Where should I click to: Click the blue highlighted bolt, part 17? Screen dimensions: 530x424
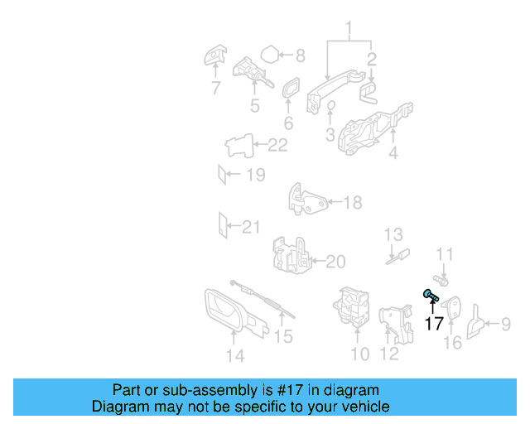click(431, 295)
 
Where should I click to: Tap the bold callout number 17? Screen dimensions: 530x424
click(434, 324)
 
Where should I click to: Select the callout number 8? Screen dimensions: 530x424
click(301, 55)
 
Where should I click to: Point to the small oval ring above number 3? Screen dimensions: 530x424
click(331, 105)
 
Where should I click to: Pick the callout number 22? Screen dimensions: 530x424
click(277, 145)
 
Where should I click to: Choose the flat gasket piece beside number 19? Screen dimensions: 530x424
click(222, 175)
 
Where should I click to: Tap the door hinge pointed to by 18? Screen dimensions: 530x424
click(307, 200)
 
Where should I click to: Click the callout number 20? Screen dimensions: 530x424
click(335, 262)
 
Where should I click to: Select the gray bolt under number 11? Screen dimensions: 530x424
click(441, 280)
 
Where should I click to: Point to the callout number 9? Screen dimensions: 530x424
click(506, 324)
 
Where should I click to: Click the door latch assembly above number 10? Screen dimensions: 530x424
click(351, 307)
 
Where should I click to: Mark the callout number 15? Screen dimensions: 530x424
click(283, 336)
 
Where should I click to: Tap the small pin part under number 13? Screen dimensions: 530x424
click(398, 257)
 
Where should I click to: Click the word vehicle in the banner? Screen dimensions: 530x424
click(372, 407)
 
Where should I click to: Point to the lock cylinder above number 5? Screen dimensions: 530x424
click(252, 72)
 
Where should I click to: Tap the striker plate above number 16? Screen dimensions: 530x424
click(451, 308)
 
